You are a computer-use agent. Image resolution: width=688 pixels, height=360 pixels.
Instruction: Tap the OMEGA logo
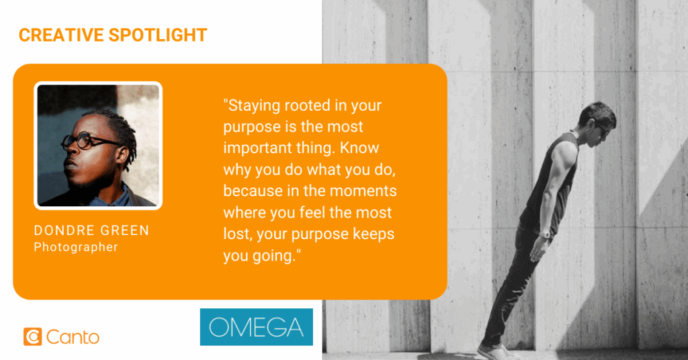256,327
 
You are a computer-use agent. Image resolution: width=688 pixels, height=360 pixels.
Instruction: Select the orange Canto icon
32,336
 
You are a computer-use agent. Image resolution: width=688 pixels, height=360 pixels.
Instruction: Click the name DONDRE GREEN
91,230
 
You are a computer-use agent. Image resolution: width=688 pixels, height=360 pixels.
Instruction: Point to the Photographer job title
76,247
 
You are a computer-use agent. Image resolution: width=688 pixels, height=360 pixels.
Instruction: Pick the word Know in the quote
359,148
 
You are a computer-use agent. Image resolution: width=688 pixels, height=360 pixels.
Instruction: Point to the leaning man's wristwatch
545,234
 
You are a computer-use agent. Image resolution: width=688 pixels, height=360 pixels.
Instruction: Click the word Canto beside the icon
73,337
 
